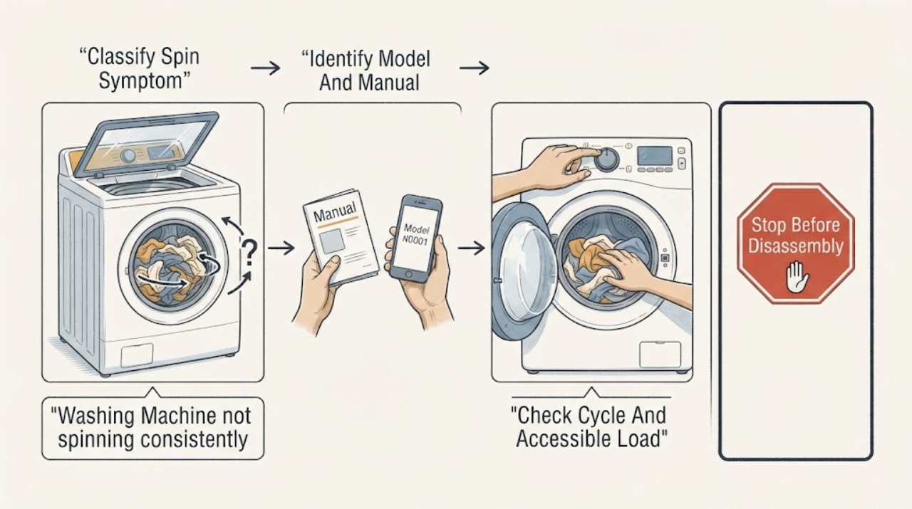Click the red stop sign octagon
click(796, 243)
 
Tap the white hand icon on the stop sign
click(797, 277)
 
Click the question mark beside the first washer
click(249, 253)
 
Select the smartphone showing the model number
click(415, 238)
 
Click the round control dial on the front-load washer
click(607, 159)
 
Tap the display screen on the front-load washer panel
click(655, 155)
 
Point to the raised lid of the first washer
click(147, 144)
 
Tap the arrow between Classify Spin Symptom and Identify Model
click(266, 68)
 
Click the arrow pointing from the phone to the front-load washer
click(471, 247)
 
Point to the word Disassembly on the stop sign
click(796, 247)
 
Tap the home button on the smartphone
click(409, 275)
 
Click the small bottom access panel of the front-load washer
click(660, 355)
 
